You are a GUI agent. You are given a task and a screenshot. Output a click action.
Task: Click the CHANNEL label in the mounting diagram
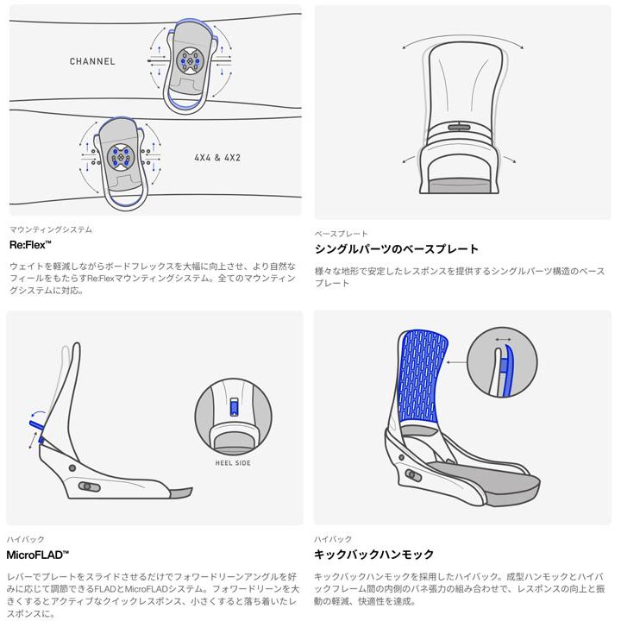point(92,61)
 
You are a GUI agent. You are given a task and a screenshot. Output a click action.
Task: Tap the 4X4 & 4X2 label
point(217,158)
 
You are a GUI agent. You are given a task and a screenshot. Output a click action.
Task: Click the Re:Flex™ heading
point(30,245)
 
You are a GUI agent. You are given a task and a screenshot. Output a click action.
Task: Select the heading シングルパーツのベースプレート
point(397,249)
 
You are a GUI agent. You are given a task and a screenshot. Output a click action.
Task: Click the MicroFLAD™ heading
point(38,555)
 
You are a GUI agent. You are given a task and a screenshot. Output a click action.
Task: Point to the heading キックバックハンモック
point(373,554)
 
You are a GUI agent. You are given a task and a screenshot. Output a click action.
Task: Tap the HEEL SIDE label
point(233,463)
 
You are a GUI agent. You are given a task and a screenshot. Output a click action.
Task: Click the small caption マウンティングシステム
point(51,229)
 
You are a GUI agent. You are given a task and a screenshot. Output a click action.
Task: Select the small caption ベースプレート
point(341,234)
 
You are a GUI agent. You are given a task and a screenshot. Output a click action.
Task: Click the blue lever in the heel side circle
point(234,407)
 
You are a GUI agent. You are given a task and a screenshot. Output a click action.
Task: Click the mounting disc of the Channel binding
point(189,60)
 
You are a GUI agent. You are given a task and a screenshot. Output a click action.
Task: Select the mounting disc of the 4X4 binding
point(120,156)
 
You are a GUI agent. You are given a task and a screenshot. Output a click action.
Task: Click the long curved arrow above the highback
point(462,38)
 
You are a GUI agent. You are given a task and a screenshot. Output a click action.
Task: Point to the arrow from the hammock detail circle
point(456,362)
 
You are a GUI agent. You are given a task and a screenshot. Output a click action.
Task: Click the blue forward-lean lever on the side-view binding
point(36,425)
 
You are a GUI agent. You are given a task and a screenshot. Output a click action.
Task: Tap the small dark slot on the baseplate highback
point(459,128)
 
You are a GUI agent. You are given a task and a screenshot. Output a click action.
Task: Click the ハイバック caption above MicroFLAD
point(25,539)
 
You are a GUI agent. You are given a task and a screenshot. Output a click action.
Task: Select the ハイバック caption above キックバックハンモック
point(333,539)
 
